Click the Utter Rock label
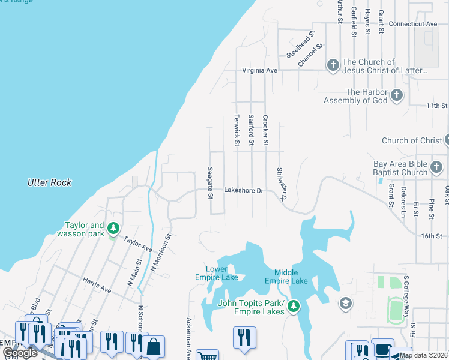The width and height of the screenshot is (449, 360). coord(50,182)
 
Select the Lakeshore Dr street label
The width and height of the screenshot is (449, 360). coord(244,190)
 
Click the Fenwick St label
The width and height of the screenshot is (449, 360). coord(237,130)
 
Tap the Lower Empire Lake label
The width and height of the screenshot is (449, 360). coord(216,273)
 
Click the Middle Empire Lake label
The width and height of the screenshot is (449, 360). coord(286,277)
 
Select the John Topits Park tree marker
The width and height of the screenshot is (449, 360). coord(294,307)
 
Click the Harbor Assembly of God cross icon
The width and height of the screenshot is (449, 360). coord(396,95)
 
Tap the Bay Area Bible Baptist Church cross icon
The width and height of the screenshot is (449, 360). coord(436,167)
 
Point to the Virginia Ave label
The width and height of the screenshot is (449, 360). coord(259,70)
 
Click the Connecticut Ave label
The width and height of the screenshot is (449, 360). coord(413,24)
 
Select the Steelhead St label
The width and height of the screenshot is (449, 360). coord(300,44)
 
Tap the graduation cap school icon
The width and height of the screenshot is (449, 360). coord(345,304)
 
